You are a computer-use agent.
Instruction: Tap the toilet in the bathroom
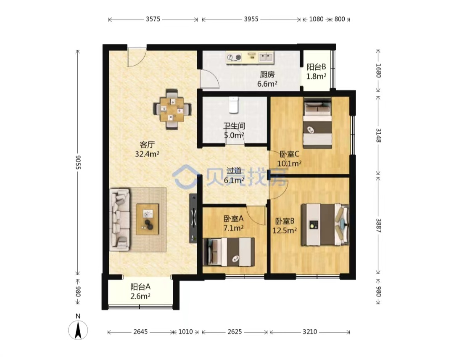click(x=233, y=105)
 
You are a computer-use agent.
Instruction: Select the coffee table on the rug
click(x=148, y=219)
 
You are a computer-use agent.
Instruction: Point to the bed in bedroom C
click(x=317, y=123)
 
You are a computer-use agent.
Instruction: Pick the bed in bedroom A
click(x=229, y=251)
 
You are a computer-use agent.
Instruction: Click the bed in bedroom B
click(x=325, y=225)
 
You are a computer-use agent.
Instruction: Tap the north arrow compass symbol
click(x=78, y=330)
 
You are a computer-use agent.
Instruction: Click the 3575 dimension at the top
click(x=153, y=19)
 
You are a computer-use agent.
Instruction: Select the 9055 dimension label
click(x=78, y=162)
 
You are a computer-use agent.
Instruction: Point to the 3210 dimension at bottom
click(x=310, y=332)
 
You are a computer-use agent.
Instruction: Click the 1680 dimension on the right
click(x=378, y=70)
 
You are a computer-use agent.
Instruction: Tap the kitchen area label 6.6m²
click(x=267, y=84)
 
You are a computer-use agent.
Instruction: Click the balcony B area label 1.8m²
click(x=317, y=77)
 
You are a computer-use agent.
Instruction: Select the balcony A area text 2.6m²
click(x=140, y=296)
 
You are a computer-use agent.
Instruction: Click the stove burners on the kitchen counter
click(x=234, y=57)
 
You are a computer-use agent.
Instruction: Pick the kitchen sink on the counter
click(x=266, y=57)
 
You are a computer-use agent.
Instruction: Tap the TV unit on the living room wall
click(x=193, y=218)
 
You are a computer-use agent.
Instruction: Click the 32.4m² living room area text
click(x=147, y=154)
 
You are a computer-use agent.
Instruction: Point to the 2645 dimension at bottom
click(x=140, y=332)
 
